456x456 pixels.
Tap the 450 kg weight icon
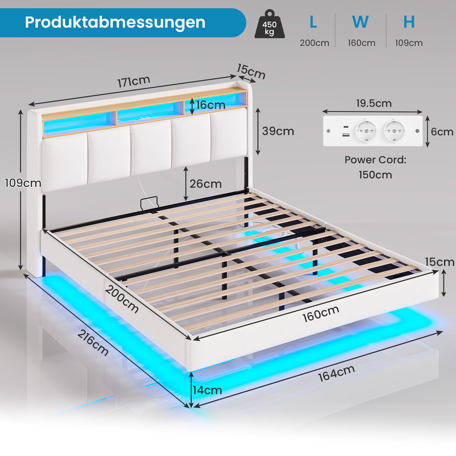tap(269, 25)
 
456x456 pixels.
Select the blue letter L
tap(313, 22)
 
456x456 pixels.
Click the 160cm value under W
tap(361, 43)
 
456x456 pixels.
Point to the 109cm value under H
tap(409, 43)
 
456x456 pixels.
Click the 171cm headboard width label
tap(134, 82)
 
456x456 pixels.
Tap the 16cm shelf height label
tap(210, 105)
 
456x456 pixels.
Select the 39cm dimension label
tap(278, 131)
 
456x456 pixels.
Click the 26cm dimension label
tap(205, 184)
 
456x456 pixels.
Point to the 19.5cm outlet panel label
tap(374, 103)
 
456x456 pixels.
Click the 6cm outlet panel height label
tap(442, 132)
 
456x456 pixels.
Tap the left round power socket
tap(366, 131)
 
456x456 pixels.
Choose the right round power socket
tap(394, 131)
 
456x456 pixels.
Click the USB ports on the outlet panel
tap(346, 131)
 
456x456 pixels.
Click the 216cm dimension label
tap(93, 343)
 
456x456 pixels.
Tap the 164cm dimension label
tap(336, 373)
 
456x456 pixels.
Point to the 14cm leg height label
tap(207, 390)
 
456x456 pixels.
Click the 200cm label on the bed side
tap(122, 299)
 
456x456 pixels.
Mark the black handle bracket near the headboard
tap(149, 203)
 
